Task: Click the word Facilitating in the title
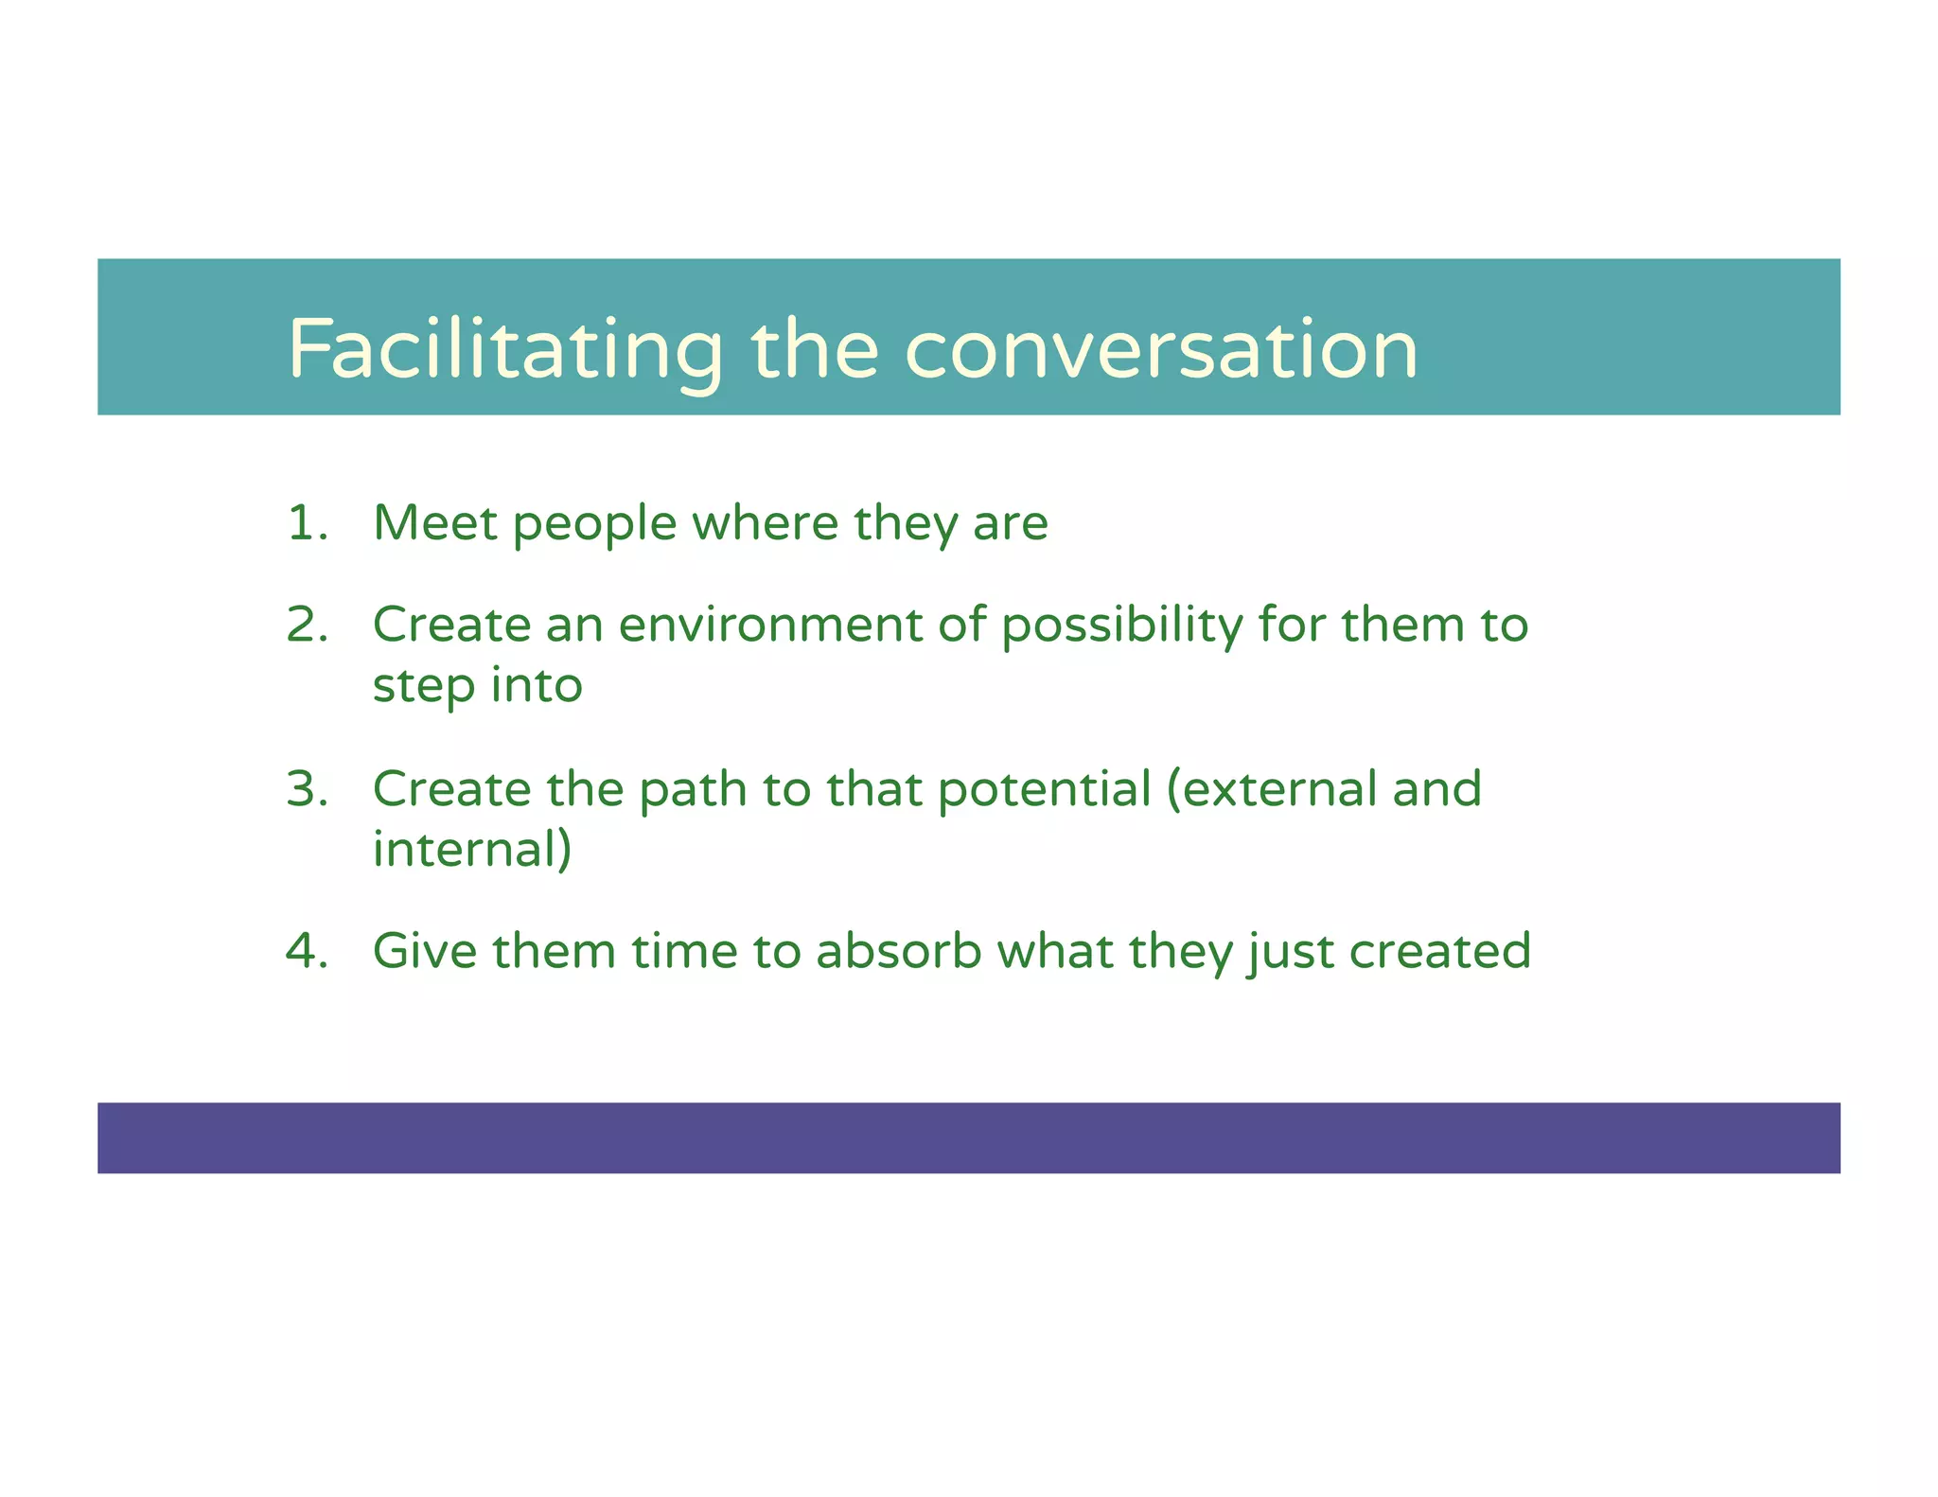pos(505,350)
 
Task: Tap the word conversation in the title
pos(1161,350)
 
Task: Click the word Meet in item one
pos(434,523)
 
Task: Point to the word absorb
pos(899,951)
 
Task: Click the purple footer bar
pos(968,1137)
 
